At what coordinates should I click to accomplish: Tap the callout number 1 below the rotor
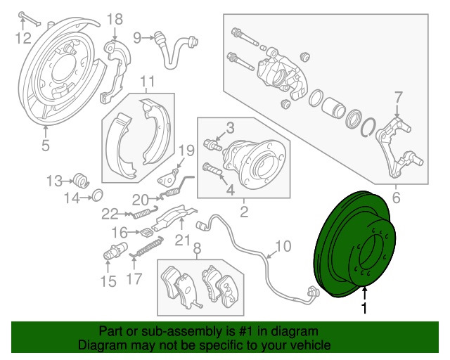(364, 308)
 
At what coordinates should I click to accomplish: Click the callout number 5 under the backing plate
(46, 146)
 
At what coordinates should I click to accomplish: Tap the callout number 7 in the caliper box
(398, 96)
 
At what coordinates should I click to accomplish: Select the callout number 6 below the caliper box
(396, 198)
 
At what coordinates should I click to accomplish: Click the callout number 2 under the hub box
(243, 210)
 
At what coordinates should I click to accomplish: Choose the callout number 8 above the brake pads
(197, 248)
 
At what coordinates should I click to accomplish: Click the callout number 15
(107, 282)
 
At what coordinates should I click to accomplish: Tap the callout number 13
(55, 181)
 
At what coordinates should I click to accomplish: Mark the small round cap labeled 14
(98, 195)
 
